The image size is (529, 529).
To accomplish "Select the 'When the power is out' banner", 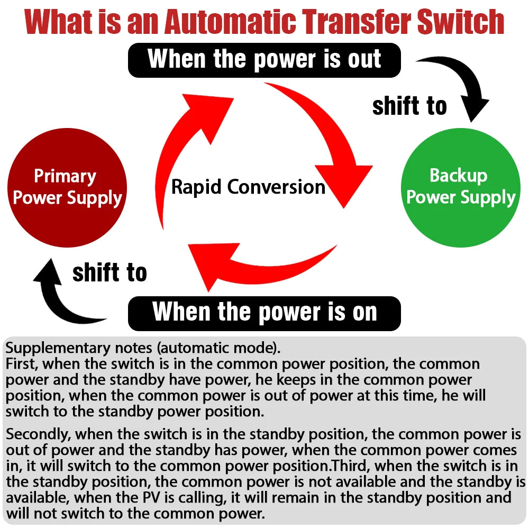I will (x=264, y=60).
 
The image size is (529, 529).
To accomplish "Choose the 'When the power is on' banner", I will (x=264, y=313).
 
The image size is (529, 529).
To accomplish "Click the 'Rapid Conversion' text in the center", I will (x=248, y=187).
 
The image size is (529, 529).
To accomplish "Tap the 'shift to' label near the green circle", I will (x=409, y=106).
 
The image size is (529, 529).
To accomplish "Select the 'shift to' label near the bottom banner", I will (x=110, y=273).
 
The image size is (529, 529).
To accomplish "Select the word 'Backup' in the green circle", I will (x=458, y=175).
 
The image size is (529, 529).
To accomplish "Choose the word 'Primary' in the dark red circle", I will (x=65, y=176).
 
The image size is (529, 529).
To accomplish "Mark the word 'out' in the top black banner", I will (x=364, y=59).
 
